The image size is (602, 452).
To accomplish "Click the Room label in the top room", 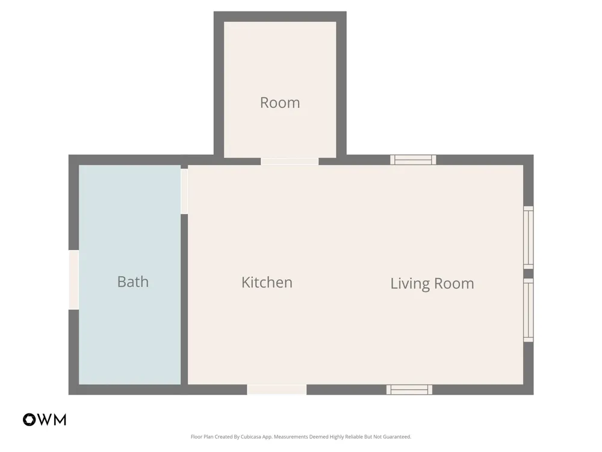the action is [280, 102].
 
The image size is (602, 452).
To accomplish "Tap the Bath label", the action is [133, 281].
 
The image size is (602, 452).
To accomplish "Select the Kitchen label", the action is [267, 283].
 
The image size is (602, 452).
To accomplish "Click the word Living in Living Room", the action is [409, 284].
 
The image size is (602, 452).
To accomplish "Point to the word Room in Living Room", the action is [454, 284].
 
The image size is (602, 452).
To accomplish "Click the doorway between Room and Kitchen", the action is [290, 162].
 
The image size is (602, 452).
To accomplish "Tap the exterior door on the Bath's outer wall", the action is [73, 280].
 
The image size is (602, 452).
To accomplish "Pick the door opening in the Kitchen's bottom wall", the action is [277, 389].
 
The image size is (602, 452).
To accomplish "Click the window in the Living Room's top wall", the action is [413, 160].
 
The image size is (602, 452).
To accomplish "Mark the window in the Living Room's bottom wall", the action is [409, 389].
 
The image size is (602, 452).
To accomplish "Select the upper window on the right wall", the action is [529, 237].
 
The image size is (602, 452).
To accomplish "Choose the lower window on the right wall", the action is [529, 310].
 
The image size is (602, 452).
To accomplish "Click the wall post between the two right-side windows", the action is [529, 274].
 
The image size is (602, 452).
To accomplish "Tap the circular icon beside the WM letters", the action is [29, 419].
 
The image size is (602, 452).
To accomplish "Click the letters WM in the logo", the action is [52, 419].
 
